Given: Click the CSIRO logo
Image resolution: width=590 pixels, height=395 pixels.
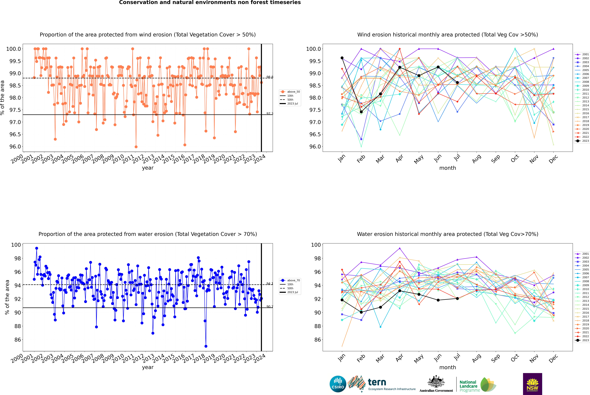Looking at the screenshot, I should [338, 384].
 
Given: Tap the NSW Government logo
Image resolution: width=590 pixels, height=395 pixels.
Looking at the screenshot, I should [532, 384].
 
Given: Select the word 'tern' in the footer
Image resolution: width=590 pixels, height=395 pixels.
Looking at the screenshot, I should [377, 382].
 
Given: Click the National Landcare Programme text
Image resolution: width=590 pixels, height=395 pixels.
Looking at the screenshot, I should [468, 386].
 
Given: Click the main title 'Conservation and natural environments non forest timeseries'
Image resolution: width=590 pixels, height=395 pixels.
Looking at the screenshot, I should [210, 3].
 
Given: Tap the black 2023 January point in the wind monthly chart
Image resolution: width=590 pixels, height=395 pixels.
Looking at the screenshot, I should [342, 58].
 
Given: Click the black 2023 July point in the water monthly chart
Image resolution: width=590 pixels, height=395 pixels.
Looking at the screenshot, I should [457, 299].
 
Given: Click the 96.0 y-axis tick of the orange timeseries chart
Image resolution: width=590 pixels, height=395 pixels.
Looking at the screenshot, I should [15, 147].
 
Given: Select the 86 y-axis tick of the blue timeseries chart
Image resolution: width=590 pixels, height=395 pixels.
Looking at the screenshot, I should [18, 340].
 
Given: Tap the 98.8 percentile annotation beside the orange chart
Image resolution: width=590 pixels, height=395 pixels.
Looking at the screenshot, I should [270, 77].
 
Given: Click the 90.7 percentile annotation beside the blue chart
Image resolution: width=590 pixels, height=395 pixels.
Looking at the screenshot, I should [270, 307].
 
